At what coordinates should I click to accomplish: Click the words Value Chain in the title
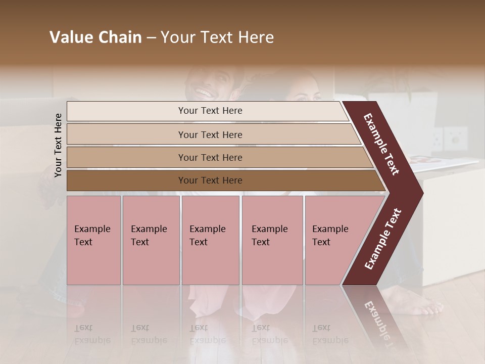click(x=95, y=37)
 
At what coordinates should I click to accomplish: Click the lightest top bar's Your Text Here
click(x=210, y=111)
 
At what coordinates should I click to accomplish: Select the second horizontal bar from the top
click(x=210, y=134)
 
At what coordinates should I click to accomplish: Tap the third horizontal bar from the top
click(x=210, y=157)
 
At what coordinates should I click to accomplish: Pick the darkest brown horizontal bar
click(x=210, y=180)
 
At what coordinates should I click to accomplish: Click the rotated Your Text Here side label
click(x=59, y=145)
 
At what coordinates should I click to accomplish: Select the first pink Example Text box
click(x=93, y=240)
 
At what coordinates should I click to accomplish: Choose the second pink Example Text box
click(x=151, y=240)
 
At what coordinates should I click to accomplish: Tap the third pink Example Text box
click(x=210, y=240)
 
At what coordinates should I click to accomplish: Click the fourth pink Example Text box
click(x=272, y=240)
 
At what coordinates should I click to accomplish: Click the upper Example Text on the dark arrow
click(x=381, y=145)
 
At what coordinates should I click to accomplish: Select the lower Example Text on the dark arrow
click(x=383, y=239)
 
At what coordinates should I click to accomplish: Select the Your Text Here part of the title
click(x=217, y=37)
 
